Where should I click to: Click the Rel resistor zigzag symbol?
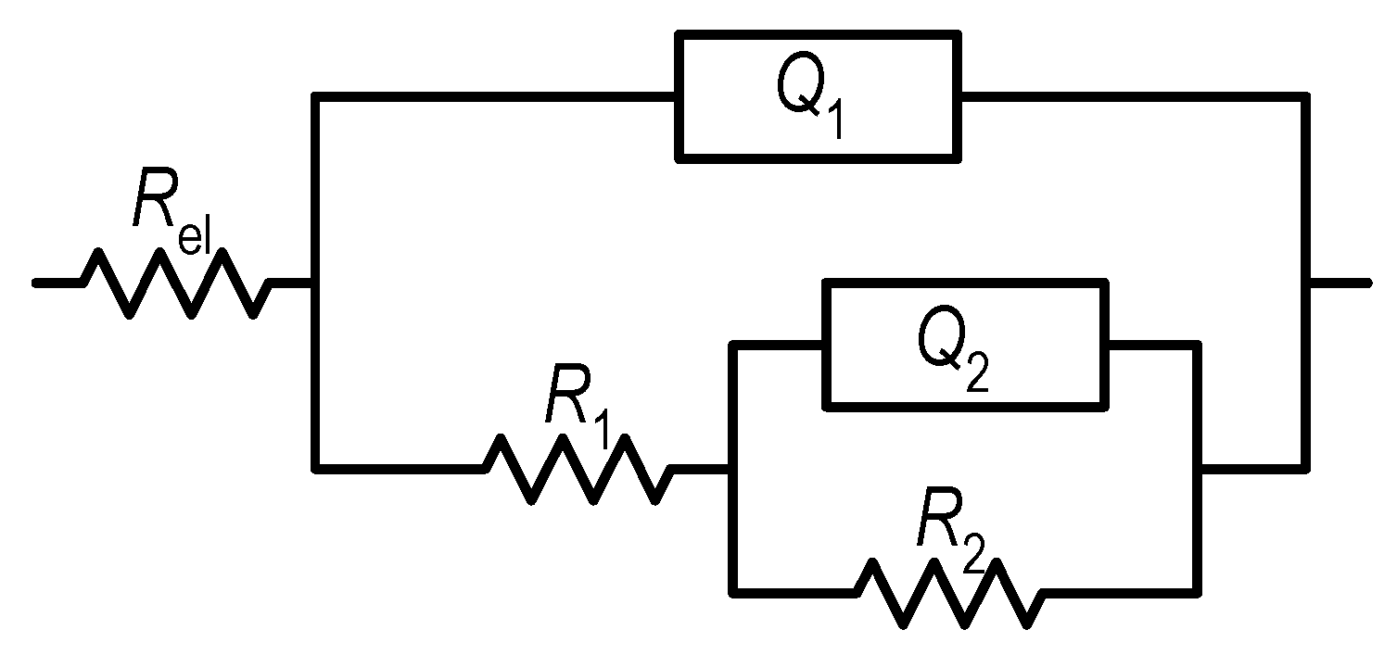(176, 283)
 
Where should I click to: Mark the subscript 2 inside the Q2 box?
(977, 374)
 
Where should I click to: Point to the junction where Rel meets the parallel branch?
(316, 283)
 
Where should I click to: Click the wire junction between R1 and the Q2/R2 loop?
(733, 469)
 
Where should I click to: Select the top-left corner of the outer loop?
(316, 95)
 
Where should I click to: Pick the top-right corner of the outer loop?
(1306, 95)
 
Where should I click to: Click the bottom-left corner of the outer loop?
(316, 469)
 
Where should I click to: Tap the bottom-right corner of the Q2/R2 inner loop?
(1198, 590)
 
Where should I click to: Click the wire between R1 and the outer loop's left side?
(399, 469)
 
